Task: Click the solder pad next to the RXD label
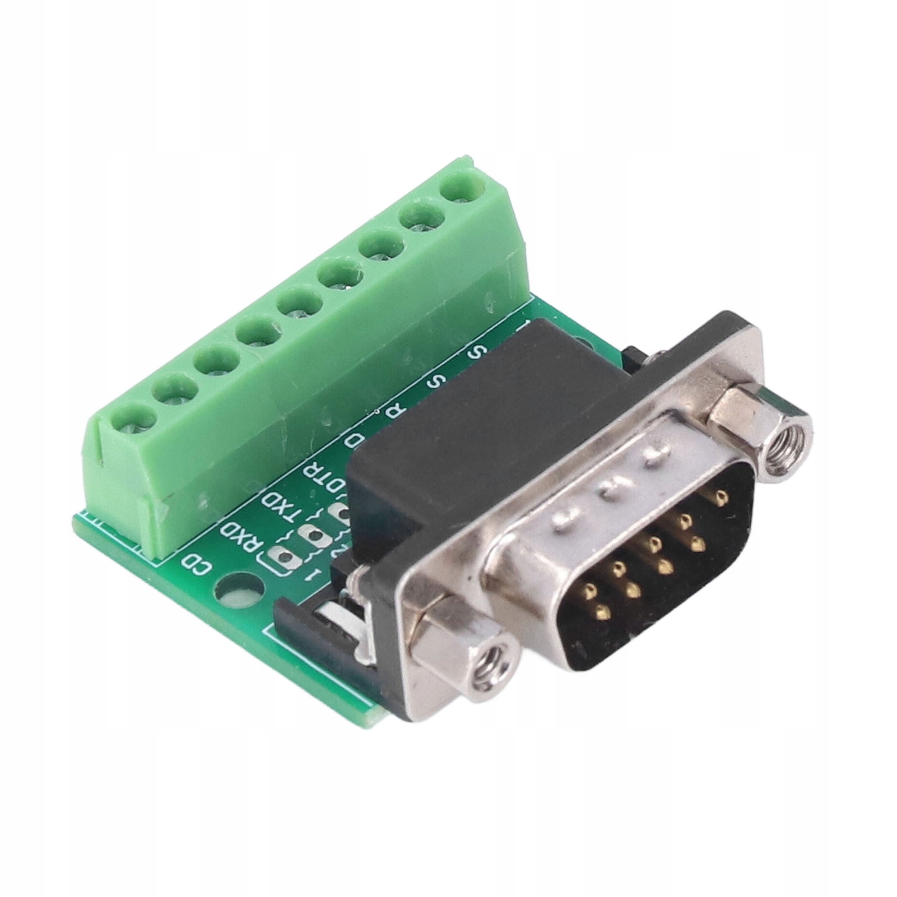281,557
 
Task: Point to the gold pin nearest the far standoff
719,495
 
